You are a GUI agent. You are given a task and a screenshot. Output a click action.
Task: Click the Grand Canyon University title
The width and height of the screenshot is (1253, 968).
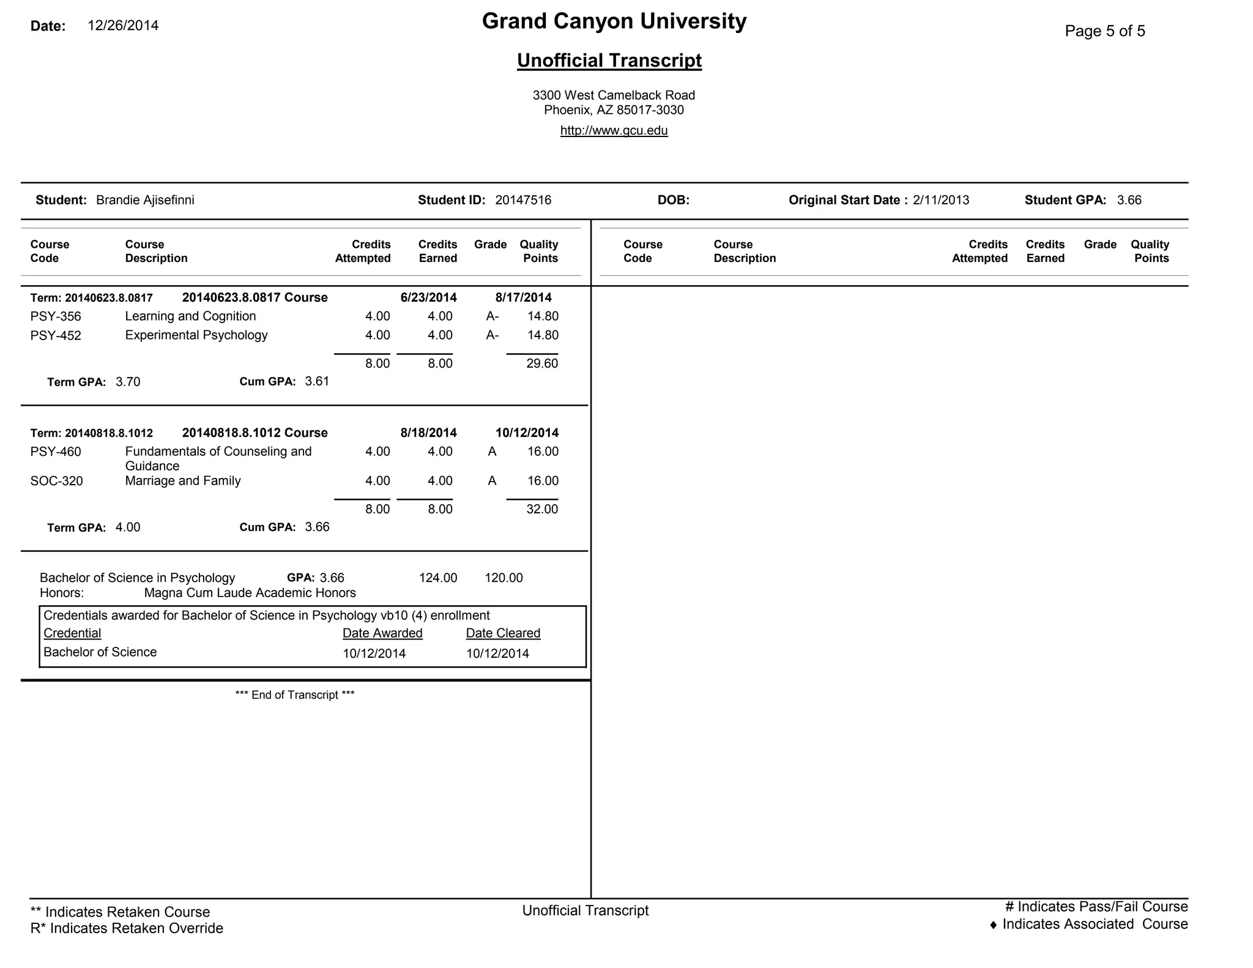tap(614, 21)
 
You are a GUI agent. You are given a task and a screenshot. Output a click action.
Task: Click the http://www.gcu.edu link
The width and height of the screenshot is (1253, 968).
tap(614, 130)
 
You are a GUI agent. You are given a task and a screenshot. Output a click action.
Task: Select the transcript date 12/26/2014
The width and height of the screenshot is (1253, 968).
tap(123, 26)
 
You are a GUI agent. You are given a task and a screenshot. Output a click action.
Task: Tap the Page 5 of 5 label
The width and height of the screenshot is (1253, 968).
tap(1104, 31)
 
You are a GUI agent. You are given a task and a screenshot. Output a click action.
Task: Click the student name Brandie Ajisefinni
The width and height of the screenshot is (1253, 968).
tap(145, 200)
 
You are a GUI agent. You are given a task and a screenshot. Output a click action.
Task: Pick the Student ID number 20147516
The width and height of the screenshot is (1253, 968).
tap(523, 200)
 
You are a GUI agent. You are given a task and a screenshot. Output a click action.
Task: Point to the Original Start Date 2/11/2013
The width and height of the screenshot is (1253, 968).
tap(940, 200)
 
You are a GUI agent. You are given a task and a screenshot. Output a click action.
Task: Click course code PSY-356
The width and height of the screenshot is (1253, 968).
tap(56, 317)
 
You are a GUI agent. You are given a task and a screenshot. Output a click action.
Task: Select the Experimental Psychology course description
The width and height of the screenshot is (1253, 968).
tap(196, 335)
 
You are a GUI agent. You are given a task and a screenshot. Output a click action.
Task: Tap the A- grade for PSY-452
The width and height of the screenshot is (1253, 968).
tap(493, 335)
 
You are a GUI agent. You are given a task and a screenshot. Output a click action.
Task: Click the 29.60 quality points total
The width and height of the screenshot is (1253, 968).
tap(542, 363)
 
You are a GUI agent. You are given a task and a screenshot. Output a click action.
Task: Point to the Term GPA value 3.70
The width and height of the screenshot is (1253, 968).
tap(128, 382)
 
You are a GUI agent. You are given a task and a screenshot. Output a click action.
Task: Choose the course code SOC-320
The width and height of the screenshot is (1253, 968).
tap(56, 481)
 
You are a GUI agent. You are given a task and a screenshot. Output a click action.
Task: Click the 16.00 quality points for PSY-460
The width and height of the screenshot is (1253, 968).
tap(543, 452)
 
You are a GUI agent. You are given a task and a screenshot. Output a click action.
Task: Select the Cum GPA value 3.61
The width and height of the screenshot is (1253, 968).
tap(317, 381)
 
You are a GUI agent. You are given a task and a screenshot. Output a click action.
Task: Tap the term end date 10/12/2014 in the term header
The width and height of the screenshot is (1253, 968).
tap(527, 433)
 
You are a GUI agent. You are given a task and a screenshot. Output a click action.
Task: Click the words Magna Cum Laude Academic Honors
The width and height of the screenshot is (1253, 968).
tap(250, 593)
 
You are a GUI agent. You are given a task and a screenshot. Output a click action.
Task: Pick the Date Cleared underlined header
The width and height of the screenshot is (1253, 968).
tap(503, 633)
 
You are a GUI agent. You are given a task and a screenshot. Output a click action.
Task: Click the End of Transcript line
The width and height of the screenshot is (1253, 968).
tap(295, 695)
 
